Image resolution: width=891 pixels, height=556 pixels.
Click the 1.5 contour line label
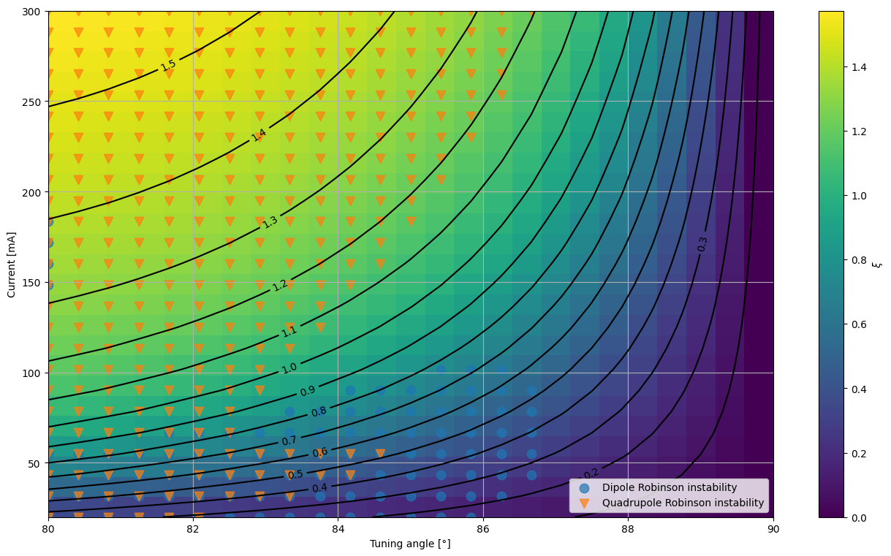[168, 65]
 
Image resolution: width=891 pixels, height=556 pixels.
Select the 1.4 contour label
[259, 135]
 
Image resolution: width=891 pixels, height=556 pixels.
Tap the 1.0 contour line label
[289, 368]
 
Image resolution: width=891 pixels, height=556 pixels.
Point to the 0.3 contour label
[702, 244]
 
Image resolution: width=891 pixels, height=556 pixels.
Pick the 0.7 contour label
[289, 441]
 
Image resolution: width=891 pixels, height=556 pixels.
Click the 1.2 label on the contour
[280, 285]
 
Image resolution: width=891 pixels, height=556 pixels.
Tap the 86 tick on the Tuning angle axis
[483, 530]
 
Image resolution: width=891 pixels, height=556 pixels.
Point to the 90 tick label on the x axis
[773, 530]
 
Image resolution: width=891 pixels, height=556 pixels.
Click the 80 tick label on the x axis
[48, 530]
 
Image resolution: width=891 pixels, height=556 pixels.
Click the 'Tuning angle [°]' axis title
[410, 544]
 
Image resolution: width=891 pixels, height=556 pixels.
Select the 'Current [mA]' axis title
[11, 264]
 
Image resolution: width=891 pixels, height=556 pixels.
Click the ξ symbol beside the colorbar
[877, 264]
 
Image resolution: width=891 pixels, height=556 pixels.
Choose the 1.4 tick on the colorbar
[859, 67]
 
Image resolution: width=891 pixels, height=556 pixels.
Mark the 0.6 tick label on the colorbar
[859, 324]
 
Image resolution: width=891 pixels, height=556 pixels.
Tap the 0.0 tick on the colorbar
[859, 518]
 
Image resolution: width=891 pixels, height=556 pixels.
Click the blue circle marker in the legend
[584, 488]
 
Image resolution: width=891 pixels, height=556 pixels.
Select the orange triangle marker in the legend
[584, 503]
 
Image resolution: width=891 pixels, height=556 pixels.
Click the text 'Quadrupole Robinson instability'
[683, 503]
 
